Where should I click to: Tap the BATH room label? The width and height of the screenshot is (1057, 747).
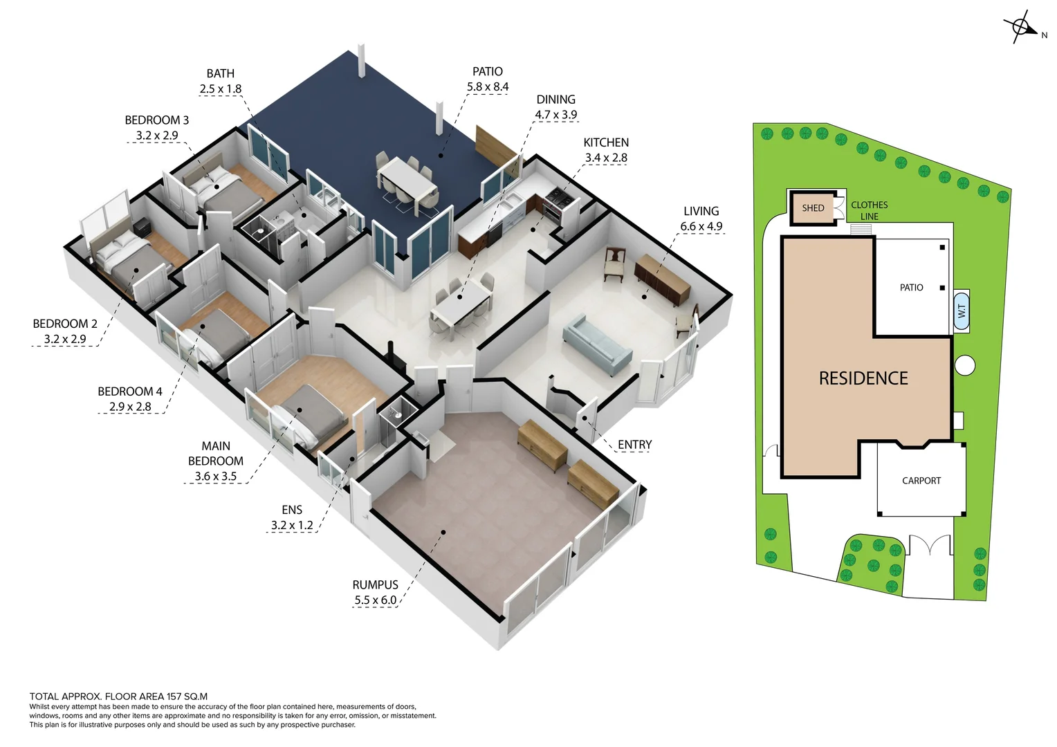click(220, 73)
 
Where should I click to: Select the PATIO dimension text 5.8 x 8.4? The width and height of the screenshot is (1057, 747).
click(488, 87)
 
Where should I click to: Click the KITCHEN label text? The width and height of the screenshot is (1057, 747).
click(606, 142)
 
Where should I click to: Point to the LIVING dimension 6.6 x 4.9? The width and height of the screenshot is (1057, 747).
click(701, 227)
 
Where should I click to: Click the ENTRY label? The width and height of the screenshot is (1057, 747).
click(634, 445)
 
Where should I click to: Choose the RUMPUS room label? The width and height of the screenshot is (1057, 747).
click(375, 585)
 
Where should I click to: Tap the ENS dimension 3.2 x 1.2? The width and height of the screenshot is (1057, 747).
click(291, 526)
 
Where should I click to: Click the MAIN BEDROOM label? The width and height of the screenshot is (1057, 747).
click(216, 454)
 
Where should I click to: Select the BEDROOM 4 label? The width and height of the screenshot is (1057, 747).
click(130, 391)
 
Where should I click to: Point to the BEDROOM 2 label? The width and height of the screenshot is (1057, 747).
click(65, 324)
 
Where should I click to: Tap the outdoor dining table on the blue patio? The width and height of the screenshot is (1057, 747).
click(407, 178)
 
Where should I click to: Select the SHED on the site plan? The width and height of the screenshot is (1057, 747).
click(813, 207)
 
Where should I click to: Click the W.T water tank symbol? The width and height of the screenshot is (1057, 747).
click(962, 311)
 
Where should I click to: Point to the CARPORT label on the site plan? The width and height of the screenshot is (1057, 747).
click(921, 481)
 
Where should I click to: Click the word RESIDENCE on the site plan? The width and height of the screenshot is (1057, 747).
click(863, 378)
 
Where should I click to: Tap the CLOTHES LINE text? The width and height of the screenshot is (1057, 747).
click(870, 210)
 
